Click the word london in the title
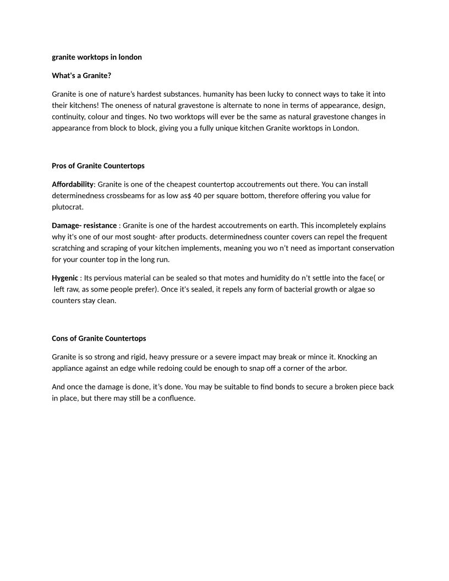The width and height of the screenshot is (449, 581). pos(130,57)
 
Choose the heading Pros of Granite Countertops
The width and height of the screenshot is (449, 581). pos(98,166)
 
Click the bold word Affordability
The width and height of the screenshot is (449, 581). pos(73,184)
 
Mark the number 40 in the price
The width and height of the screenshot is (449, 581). pos(199,196)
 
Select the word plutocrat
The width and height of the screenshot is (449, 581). pos(67,207)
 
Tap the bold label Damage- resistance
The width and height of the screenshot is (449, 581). pos(84,226)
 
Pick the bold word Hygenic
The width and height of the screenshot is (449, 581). pos(65,278)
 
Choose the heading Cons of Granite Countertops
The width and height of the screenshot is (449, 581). pos(99,338)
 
